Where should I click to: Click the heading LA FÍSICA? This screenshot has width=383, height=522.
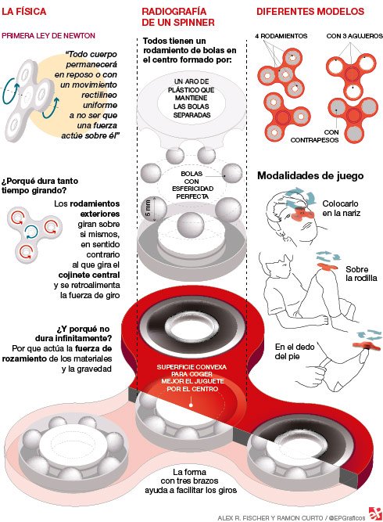(24, 11)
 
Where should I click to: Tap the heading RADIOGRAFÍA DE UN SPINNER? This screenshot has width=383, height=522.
(178, 16)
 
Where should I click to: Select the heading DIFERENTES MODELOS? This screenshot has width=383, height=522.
(310, 11)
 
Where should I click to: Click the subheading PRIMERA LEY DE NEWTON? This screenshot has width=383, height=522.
(48, 36)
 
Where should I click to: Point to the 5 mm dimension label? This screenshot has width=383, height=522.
(148, 207)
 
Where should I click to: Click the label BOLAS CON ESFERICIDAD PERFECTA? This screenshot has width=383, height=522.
(192, 185)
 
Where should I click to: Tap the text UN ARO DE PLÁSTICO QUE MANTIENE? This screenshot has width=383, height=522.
(191, 90)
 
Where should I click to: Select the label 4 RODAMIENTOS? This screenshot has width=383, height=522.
(281, 36)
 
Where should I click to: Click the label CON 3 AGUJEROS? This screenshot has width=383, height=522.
(354, 36)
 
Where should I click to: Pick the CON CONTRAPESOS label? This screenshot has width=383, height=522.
(315, 136)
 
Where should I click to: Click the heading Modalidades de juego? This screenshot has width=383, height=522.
(310, 176)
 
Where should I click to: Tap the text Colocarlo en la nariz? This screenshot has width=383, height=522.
(341, 208)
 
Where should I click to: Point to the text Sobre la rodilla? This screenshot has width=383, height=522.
(361, 274)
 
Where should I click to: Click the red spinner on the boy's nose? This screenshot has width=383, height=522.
(302, 214)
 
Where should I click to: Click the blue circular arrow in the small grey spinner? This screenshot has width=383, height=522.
(31, 232)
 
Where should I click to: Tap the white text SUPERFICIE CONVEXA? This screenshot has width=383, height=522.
(191, 367)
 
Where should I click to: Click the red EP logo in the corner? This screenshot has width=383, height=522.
(375, 513)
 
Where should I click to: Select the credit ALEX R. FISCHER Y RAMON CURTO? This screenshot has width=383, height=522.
(270, 517)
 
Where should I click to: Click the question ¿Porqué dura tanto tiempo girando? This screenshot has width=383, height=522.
(40, 185)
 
